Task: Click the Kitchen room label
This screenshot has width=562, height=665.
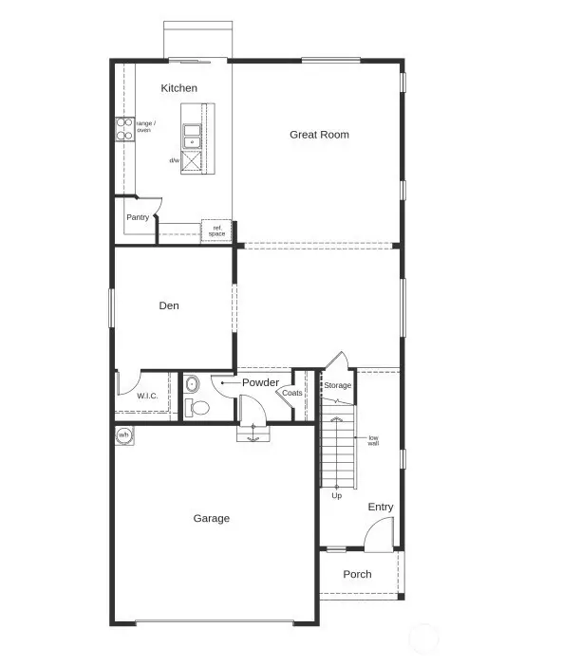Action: coord(178,88)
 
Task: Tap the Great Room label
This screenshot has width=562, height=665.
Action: coord(319,135)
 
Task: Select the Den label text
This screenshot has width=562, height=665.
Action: coord(169,305)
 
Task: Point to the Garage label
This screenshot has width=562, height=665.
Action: coord(212,518)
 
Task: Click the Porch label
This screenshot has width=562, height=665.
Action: coord(357,574)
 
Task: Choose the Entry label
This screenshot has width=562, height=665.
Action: coord(380,508)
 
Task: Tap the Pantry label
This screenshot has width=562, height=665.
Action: coord(138,217)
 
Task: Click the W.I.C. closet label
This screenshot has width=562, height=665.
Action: coord(146,396)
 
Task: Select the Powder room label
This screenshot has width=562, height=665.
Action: coord(260,382)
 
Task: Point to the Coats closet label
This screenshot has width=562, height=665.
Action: coord(292,393)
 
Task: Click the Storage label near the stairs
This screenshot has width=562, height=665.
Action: coord(338,385)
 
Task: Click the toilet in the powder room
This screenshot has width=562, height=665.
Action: coord(198,407)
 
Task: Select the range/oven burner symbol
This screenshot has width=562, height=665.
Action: coord(123,128)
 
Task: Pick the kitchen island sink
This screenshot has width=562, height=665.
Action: coord(193,137)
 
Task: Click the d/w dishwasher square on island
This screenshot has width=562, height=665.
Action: coord(194,161)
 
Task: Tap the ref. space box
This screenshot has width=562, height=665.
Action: coord(216,231)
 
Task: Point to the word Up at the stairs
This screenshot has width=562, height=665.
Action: coord(336,495)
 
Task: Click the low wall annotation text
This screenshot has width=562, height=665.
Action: coord(374,440)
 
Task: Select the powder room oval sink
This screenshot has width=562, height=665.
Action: coord(190,384)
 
